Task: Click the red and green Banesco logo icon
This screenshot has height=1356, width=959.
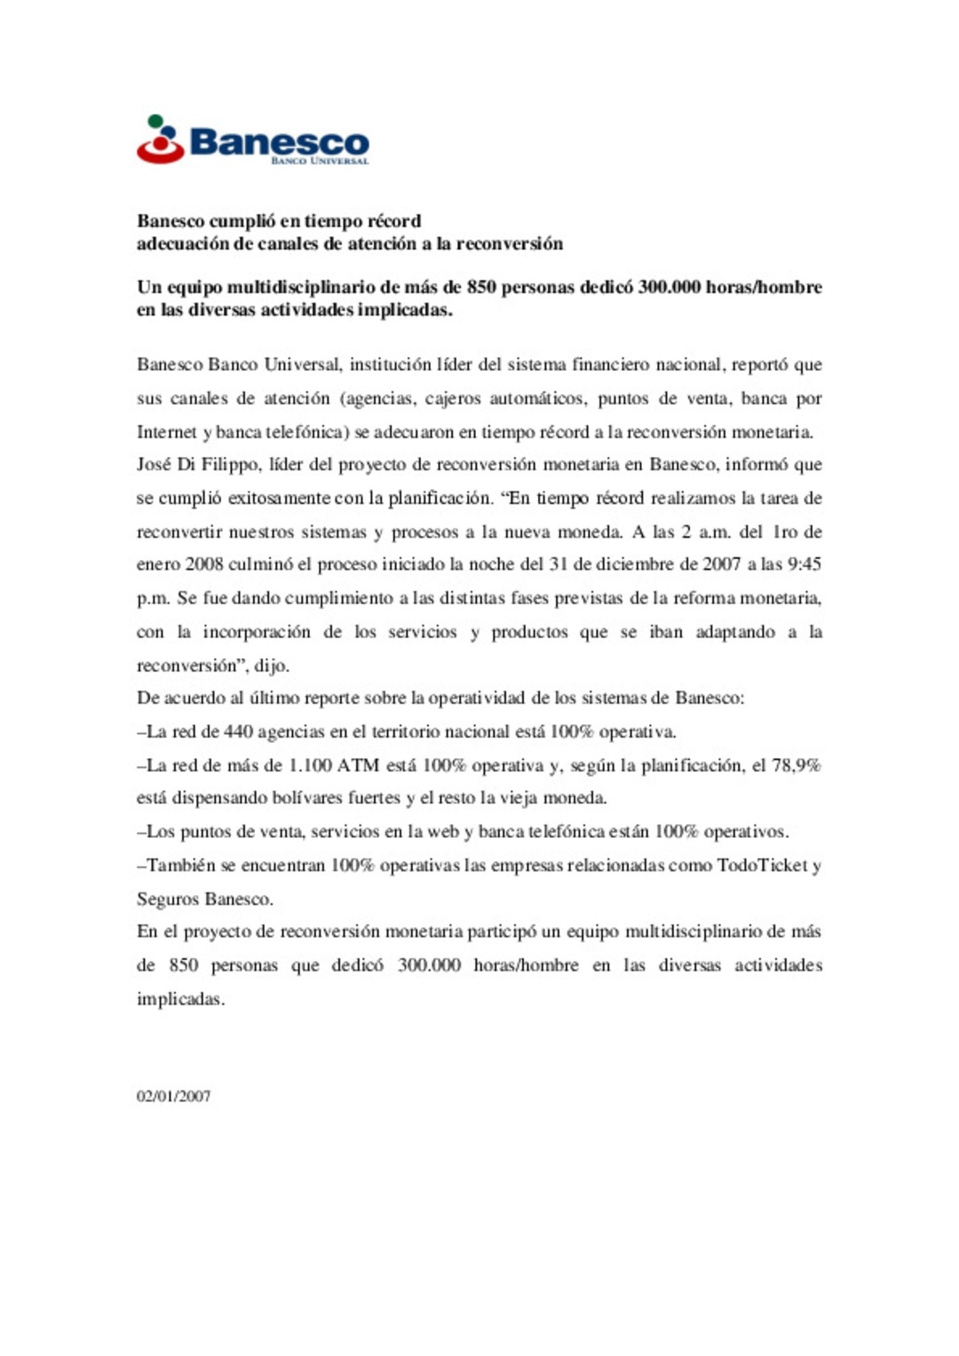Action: pyautogui.click(x=160, y=139)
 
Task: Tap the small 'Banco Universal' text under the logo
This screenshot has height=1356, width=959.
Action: pyautogui.click(x=320, y=162)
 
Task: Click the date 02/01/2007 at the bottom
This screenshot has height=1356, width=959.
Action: pyautogui.click(x=173, y=1096)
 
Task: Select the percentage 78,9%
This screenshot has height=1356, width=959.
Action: pyautogui.click(x=797, y=765)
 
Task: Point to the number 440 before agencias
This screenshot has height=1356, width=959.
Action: pyautogui.click(x=238, y=732)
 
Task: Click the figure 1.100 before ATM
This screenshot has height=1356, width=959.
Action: pyautogui.click(x=310, y=765)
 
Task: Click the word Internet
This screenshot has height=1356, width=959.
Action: pyautogui.click(x=167, y=432)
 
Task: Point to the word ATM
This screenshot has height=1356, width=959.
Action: pyautogui.click(x=358, y=765)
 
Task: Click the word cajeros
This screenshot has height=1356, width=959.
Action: pyautogui.click(x=453, y=398)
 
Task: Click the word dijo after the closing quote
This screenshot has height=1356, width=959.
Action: pyautogui.click(x=271, y=666)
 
